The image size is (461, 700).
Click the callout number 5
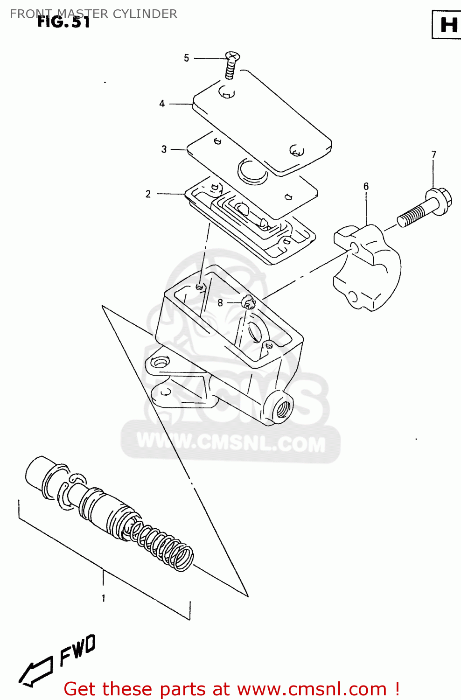[x=186, y=58]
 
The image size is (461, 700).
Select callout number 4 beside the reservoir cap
[x=162, y=104]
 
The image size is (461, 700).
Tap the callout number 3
[x=164, y=149]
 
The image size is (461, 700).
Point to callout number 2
[x=148, y=194]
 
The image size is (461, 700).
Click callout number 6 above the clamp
[x=366, y=186]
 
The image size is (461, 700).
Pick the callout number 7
[x=433, y=154]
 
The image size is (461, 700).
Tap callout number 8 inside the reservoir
[x=220, y=303]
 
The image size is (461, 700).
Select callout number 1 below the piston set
[x=104, y=598]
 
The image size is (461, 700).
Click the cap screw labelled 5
[x=230, y=65]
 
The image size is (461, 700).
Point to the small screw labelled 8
[x=249, y=303]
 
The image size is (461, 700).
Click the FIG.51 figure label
[x=63, y=22]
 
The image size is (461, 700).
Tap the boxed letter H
[x=448, y=25]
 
